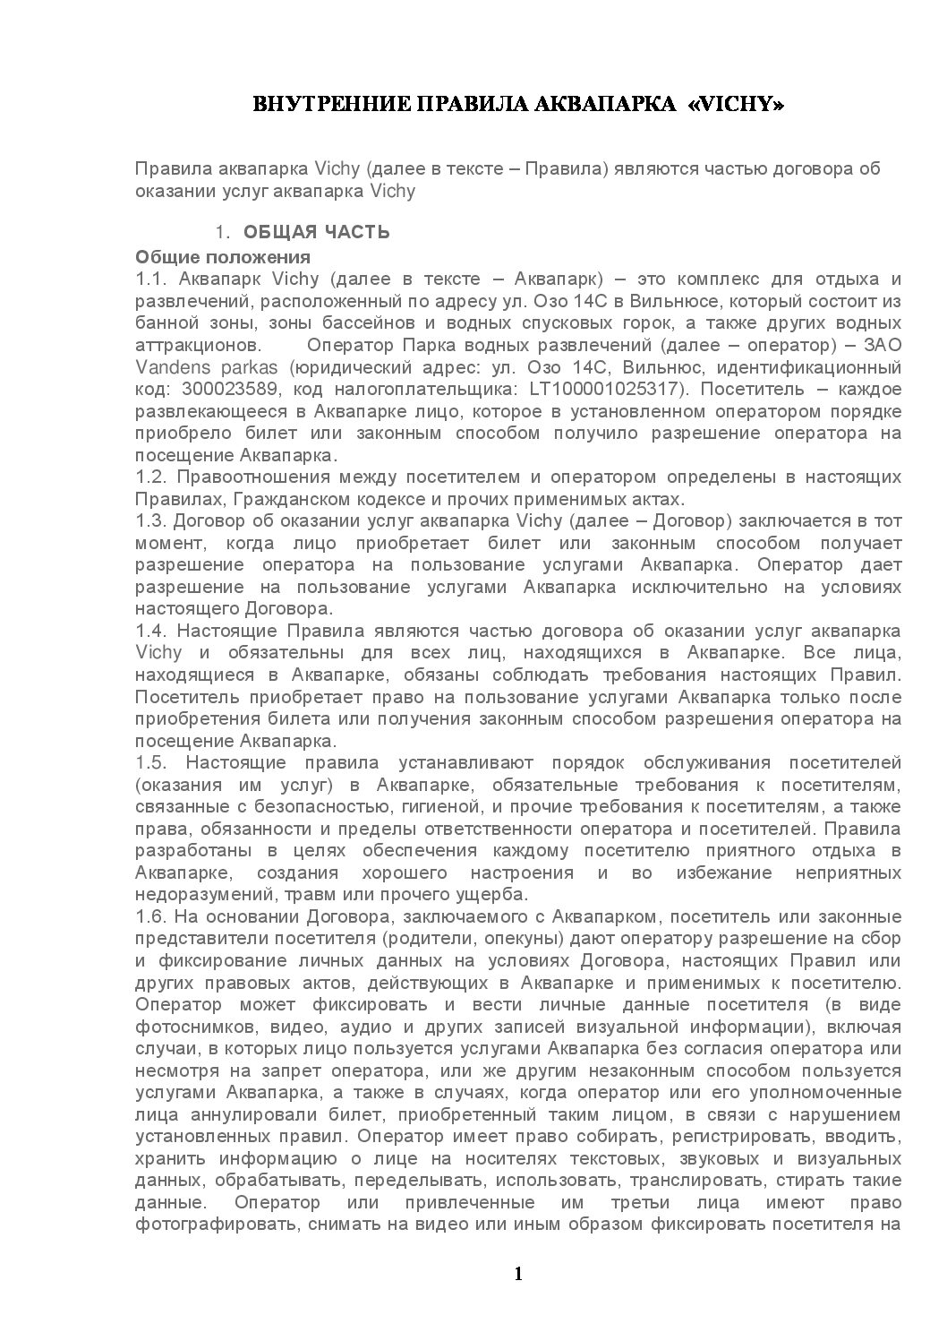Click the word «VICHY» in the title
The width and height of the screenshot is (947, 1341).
click(738, 106)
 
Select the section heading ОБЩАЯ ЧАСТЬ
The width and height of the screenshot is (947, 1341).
click(317, 233)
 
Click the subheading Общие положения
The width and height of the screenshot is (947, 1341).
click(223, 256)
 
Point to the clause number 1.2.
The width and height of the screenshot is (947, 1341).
click(149, 477)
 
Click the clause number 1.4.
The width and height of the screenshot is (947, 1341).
click(149, 631)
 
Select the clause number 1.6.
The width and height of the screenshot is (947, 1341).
click(149, 916)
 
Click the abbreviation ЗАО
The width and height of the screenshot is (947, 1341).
click(881, 345)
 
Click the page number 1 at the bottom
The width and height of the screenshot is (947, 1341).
click(518, 1273)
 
